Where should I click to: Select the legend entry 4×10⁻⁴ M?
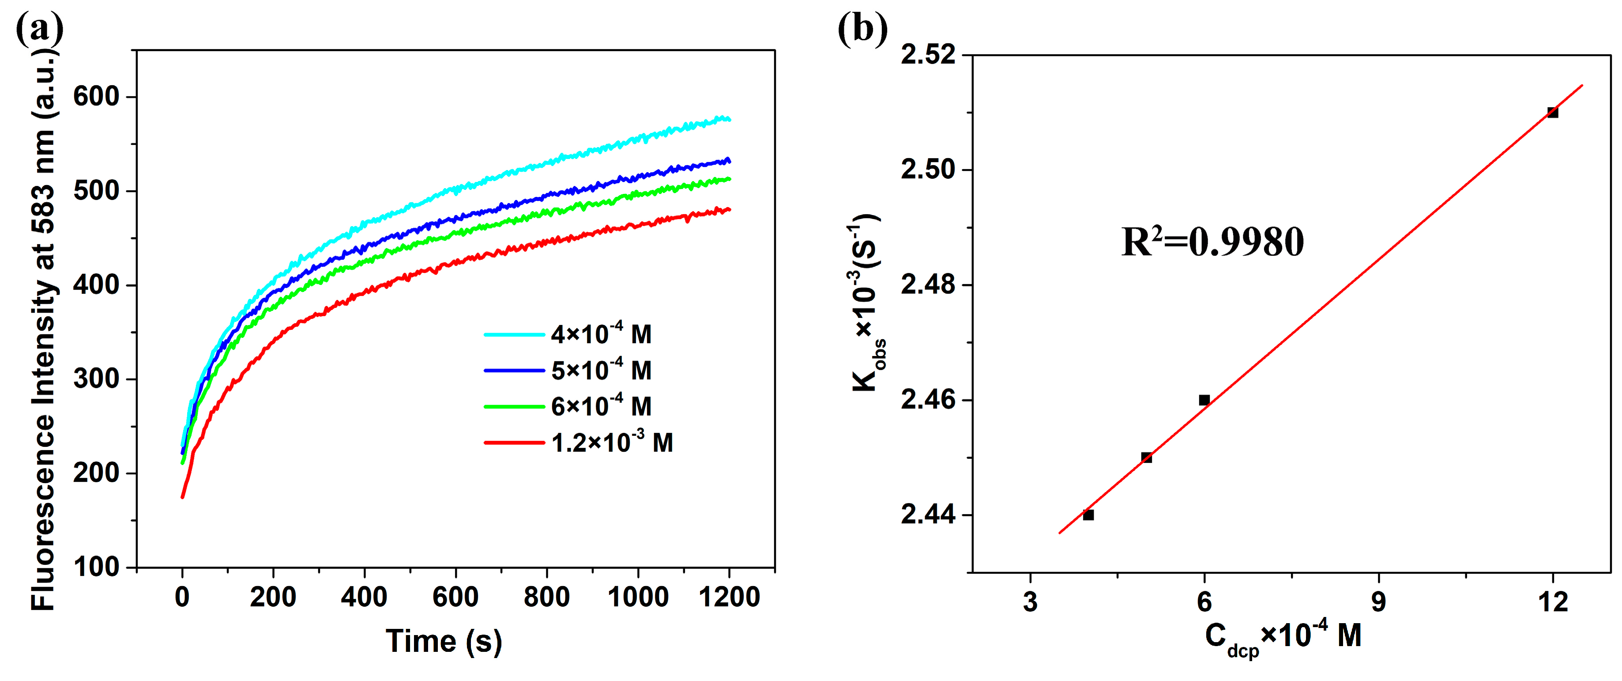[x=601, y=334]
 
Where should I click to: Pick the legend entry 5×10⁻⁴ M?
[x=601, y=371]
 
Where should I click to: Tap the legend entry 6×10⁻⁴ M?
[x=601, y=406]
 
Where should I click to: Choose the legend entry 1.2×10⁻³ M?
[x=611, y=443]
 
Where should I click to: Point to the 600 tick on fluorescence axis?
[x=96, y=96]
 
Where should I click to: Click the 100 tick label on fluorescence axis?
[x=96, y=567]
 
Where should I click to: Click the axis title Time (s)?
[x=444, y=641]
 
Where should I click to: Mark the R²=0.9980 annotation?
[x=1212, y=242]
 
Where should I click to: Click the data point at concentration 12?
[x=1553, y=113]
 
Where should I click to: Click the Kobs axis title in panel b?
[x=866, y=303]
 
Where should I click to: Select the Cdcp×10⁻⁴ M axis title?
[x=1283, y=638]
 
